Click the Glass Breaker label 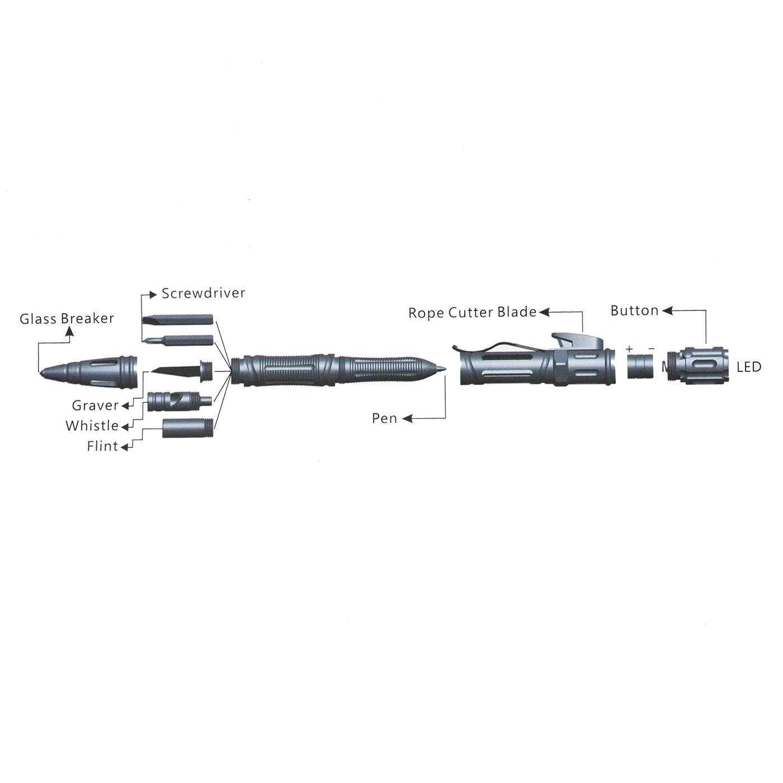pyautogui.click(x=67, y=319)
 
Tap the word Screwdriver pyautogui.click(x=203, y=293)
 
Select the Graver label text pyautogui.click(x=95, y=405)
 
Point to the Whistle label pyautogui.click(x=92, y=426)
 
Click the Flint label pyautogui.click(x=102, y=446)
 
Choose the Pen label pyautogui.click(x=384, y=418)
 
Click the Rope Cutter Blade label pyautogui.click(x=473, y=313)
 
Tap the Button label pyautogui.click(x=634, y=311)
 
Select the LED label pyautogui.click(x=749, y=367)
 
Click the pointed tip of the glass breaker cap pyautogui.click(x=40, y=372)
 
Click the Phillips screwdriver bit pyautogui.click(x=177, y=340)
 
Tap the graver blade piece pyautogui.click(x=182, y=371)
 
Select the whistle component pyautogui.click(x=180, y=402)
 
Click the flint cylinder pyautogui.click(x=188, y=428)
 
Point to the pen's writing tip pyautogui.click(x=446, y=369)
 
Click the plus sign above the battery pyautogui.click(x=629, y=348)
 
